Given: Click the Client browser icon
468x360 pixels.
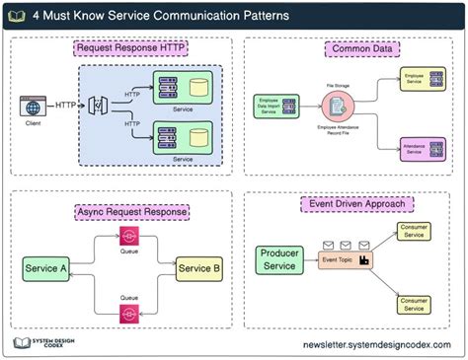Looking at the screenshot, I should tap(32, 106).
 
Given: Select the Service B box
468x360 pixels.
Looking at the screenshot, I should tap(199, 268).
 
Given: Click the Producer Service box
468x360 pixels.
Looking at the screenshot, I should tap(278, 259).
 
